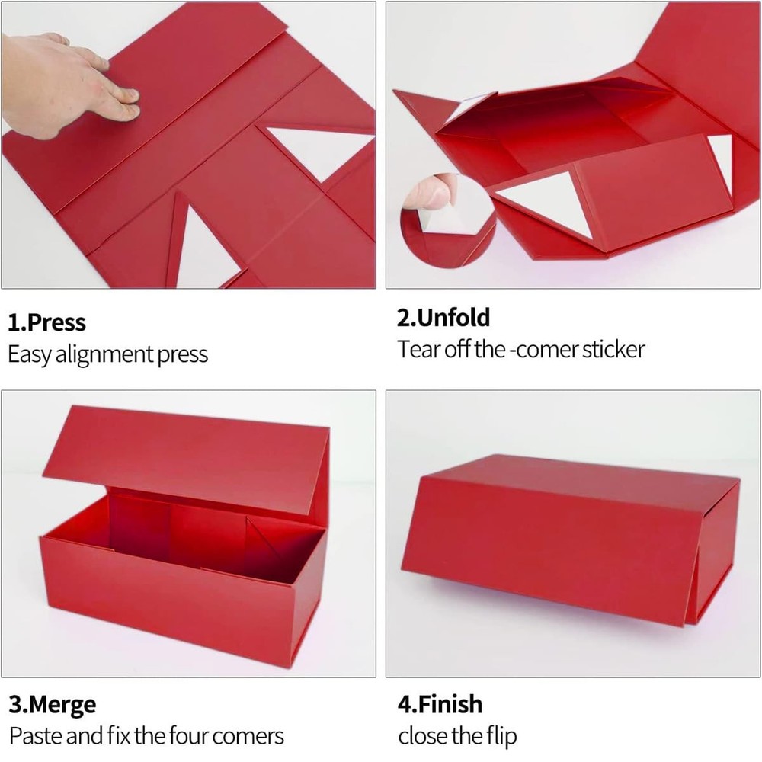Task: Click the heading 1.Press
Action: (x=47, y=322)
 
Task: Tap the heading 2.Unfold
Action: (x=443, y=317)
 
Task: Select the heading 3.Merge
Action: (x=53, y=705)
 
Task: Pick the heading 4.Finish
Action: (x=440, y=704)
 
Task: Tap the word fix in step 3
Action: (x=121, y=736)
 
